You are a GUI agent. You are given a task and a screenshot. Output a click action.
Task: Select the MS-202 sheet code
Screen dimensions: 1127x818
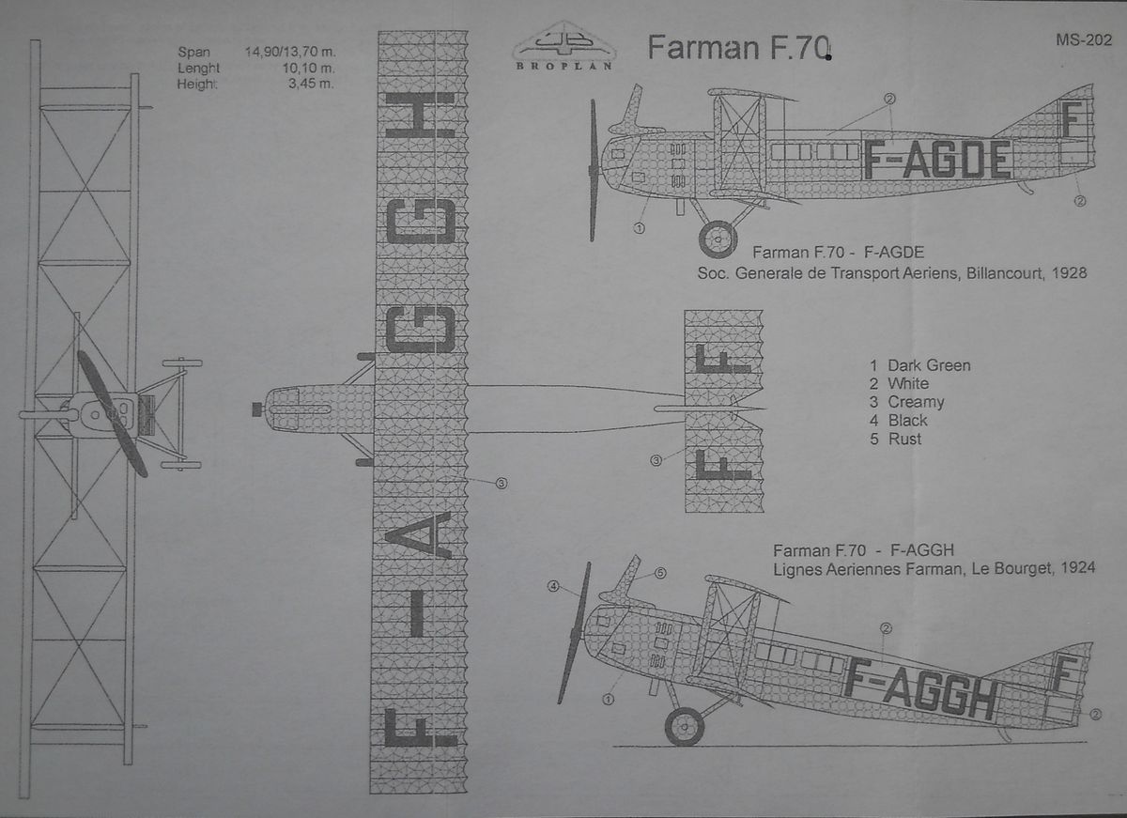[1083, 39]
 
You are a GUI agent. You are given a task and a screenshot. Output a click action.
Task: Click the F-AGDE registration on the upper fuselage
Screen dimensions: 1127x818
[937, 161]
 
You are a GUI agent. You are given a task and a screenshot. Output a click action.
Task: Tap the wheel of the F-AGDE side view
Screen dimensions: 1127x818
[718, 239]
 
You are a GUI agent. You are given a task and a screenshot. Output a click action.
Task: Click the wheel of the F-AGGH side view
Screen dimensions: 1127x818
[685, 726]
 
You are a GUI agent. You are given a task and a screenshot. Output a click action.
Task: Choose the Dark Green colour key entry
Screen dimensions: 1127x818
[919, 365]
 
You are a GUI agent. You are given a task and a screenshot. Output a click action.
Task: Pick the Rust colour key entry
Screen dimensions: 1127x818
[896, 439]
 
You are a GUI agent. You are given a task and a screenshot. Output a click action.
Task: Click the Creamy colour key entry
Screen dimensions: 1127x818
[906, 402]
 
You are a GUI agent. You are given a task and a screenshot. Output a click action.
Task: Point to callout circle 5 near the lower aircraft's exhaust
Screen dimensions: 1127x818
[659, 573]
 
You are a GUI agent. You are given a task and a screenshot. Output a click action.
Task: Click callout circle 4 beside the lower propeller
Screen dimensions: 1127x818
[553, 587]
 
